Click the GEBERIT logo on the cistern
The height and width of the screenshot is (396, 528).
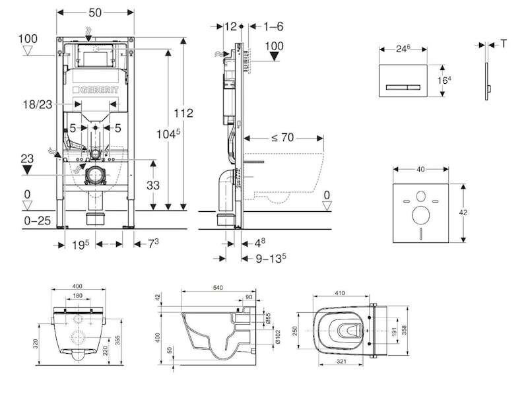[96, 90]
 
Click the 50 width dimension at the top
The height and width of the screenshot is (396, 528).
[95, 13]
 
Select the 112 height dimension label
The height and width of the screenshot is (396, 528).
[183, 113]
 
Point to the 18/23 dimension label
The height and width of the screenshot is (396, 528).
[38, 104]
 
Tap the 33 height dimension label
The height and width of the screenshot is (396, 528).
[153, 185]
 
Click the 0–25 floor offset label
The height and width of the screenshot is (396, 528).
[38, 221]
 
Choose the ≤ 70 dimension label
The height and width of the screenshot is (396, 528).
[282, 137]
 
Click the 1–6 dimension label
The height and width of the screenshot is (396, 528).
[273, 26]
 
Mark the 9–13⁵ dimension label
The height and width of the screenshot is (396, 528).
[271, 258]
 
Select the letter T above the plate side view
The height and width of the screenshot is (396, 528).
[504, 44]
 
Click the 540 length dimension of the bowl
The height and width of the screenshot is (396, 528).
[218, 288]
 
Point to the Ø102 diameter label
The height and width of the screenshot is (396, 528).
[278, 337]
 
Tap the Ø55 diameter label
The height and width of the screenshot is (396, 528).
[269, 319]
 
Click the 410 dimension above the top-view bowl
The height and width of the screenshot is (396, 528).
[340, 293]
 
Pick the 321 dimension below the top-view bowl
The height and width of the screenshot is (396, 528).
[341, 361]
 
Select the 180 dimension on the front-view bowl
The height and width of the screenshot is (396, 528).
[77, 296]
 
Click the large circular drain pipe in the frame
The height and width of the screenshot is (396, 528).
[95, 175]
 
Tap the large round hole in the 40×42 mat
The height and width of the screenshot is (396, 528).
[420, 216]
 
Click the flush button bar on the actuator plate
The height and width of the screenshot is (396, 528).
[403, 88]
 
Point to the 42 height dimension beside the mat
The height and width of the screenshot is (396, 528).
[463, 213]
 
